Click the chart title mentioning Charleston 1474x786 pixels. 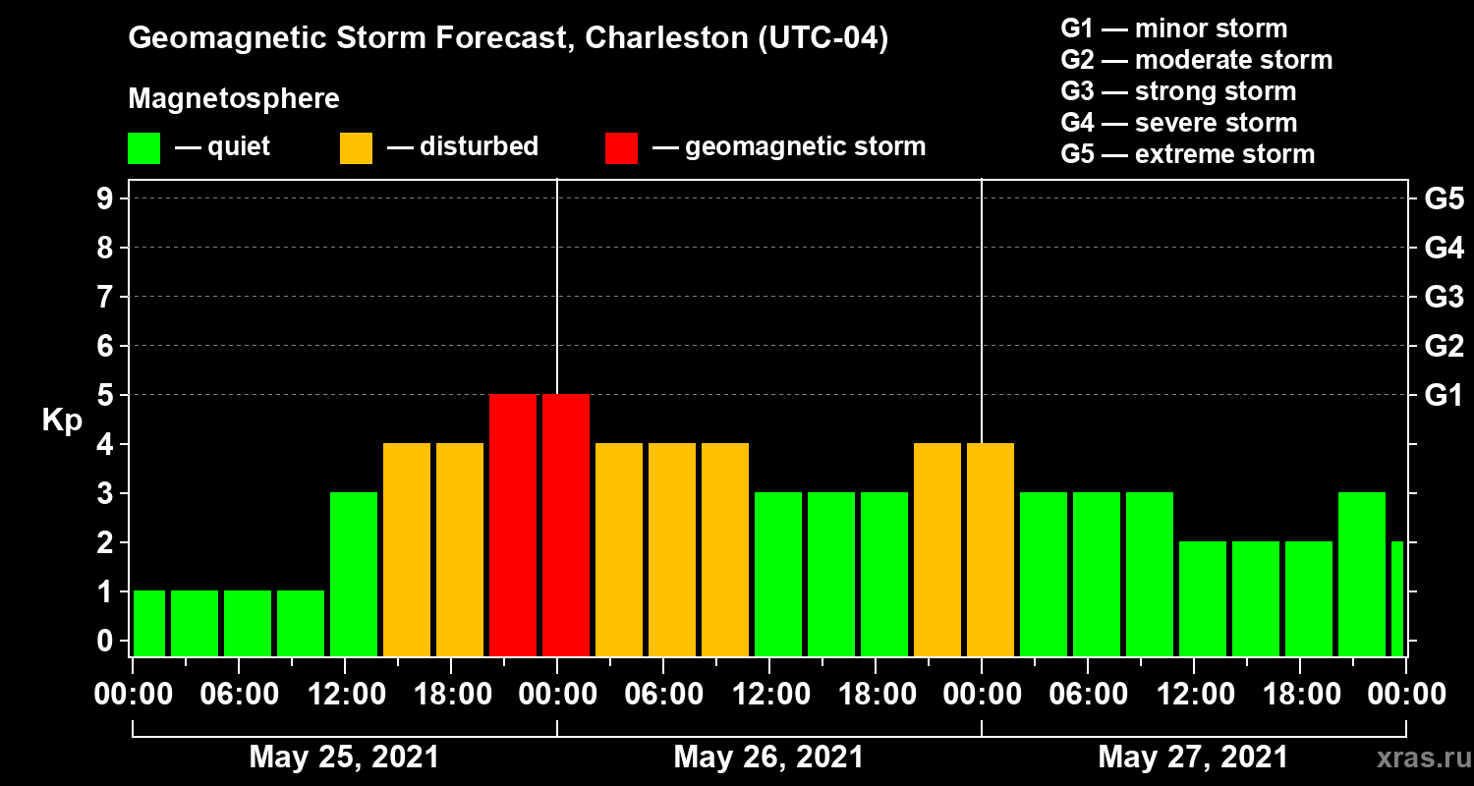tap(508, 39)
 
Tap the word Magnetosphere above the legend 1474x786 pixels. tap(234, 99)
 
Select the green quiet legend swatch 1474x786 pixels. tap(143, 148)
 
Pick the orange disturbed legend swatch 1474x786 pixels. tap(356, 148)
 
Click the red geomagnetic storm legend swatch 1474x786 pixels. tap(621, 148)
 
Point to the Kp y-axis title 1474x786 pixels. tap(62, 420)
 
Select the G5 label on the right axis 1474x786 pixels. tap(1444, 199)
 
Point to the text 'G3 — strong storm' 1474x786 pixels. tap(1178, 91)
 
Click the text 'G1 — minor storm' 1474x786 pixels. tap(1174, 28)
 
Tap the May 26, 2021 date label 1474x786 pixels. tap(768, 758)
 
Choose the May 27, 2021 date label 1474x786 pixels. tap(1192, 758)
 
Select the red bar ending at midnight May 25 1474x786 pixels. tap(513, 525)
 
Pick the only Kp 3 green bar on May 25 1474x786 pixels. tap(354, 574)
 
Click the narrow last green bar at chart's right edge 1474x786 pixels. tap(1397, 598)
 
